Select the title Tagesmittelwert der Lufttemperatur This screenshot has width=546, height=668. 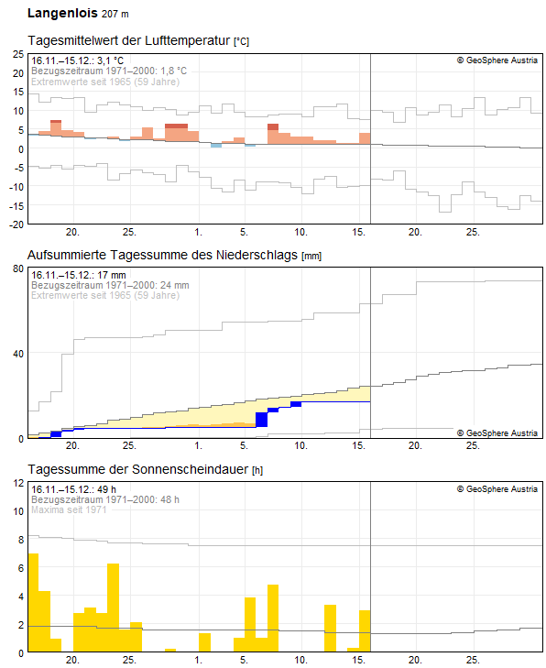click(x=129, y=41)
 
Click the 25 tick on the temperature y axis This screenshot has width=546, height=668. click(x=17, y=54)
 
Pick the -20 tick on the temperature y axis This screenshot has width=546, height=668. click(x=16, y=224)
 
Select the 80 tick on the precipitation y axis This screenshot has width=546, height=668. click(x=17, y=268)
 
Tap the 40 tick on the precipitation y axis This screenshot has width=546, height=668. click(x=17, y=354)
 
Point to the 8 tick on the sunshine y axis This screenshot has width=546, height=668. click(x=20, y=540)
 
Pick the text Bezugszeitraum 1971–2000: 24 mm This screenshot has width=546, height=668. click(x=110, y=285)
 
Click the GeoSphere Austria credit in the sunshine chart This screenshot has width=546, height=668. click(x=497, y=489)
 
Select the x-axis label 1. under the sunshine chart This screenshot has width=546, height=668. click(x=199, y=661)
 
